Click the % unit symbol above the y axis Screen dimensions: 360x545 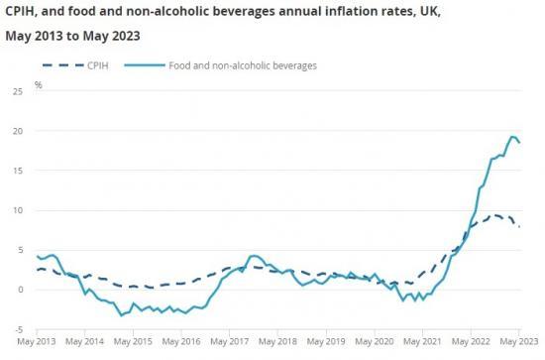[39, 83]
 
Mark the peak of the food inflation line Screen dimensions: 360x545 [513, 137]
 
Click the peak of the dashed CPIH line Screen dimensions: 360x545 [495, 214]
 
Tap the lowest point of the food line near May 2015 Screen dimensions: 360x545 [121, 315]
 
